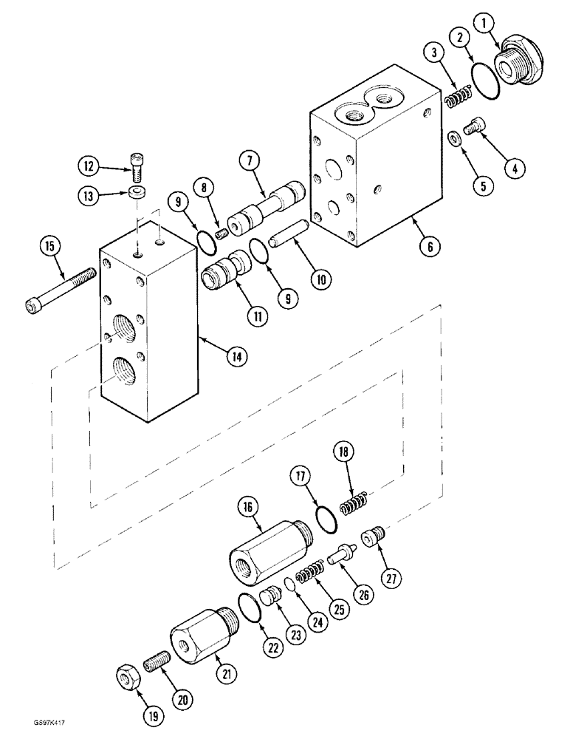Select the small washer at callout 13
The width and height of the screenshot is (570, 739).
click(x=137, y=192)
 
